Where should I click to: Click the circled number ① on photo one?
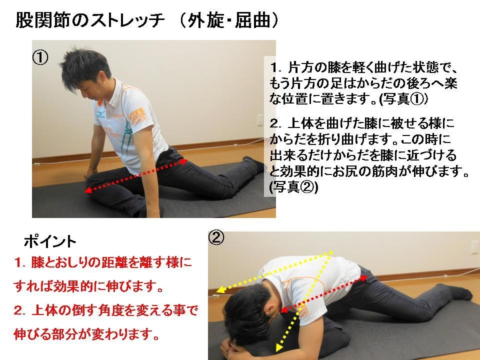40,58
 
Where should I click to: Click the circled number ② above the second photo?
216,237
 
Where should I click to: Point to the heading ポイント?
50,242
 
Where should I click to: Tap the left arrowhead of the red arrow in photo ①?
88,190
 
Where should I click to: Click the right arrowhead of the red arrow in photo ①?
184,161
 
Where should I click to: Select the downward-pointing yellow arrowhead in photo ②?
278,347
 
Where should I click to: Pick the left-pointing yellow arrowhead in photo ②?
220,290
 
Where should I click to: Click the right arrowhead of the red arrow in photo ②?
363,278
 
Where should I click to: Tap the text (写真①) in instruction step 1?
403,99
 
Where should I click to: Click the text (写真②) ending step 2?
293,187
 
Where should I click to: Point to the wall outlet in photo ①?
260,120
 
